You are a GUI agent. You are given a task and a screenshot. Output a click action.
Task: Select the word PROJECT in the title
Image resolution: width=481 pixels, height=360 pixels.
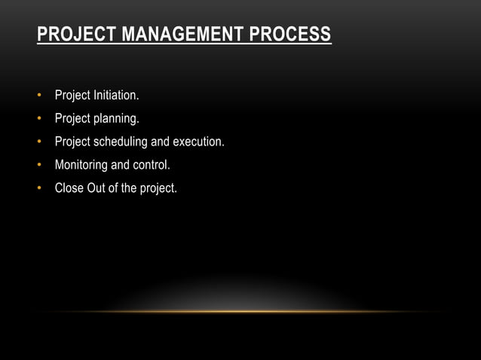(66, 35)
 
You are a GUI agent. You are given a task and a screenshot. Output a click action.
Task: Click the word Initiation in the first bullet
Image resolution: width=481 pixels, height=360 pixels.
(116, 96)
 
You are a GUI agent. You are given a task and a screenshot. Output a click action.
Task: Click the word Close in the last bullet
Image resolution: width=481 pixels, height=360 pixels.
(69, 188)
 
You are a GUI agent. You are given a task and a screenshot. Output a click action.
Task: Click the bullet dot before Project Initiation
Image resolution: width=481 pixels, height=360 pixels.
(38, 96)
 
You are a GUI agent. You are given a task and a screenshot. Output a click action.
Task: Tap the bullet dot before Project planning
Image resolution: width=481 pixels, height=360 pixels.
(38, 119)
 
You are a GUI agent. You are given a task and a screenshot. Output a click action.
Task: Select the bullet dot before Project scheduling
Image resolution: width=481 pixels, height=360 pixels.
(38, 142)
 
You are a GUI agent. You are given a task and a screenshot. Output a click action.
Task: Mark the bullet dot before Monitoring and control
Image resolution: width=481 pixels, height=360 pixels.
(38, 165)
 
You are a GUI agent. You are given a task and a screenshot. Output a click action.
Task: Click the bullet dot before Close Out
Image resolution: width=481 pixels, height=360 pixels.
(38, 188)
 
